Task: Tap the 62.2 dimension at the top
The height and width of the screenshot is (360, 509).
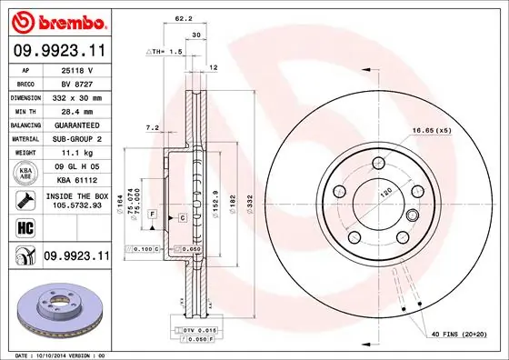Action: tap(183, 17)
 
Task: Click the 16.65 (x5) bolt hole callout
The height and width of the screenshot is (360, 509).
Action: tap(430, 131)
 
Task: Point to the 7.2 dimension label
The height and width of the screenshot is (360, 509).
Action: tap(152, 128)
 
